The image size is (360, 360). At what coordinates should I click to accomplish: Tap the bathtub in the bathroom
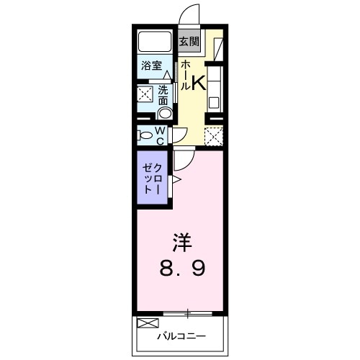153,41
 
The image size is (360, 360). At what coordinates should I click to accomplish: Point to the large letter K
199,83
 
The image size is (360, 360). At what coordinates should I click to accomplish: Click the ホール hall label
185,75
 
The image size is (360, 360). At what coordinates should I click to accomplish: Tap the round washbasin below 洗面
165,113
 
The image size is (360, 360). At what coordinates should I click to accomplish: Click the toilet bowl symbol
144,135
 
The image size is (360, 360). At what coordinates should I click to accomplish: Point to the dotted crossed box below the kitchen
214,135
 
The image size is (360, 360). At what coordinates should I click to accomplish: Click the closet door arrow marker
175,179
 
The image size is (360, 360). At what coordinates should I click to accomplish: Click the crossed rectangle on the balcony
146,323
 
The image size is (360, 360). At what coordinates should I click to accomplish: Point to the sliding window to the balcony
188,312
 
